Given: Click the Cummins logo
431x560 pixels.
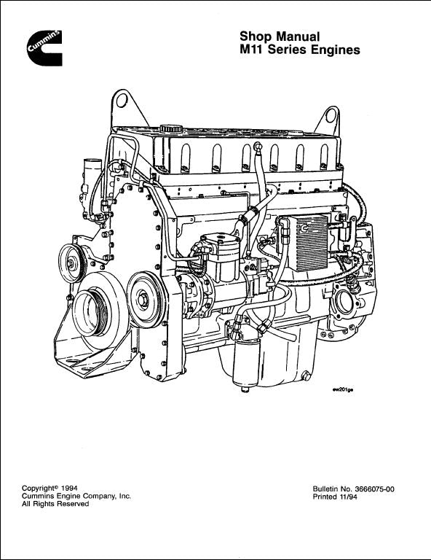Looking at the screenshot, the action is click(x=44, y=48).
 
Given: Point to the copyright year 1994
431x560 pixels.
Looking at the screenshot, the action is click(x=69, y=488).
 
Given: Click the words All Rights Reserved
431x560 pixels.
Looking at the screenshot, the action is click(x=55, y=504).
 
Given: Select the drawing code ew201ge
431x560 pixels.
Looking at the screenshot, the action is click(x=343, y=390).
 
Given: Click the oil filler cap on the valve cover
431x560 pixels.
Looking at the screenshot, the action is click(x=171, y=128).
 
